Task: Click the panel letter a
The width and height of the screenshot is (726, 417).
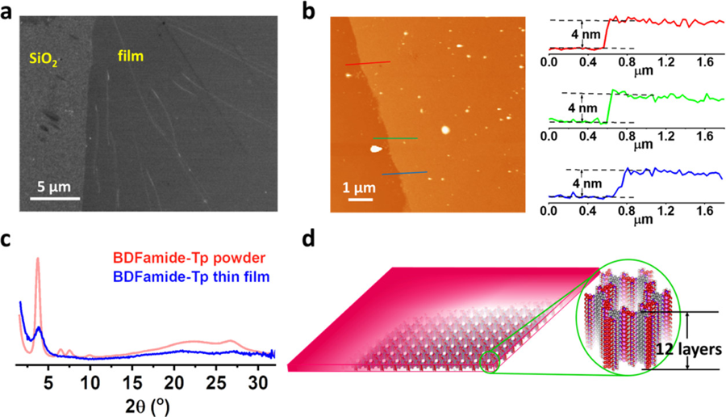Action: (x=10, y=11)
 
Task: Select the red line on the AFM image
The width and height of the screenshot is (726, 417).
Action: (x=367, y=63)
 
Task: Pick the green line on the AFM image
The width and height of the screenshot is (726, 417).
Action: (x=395, y=139)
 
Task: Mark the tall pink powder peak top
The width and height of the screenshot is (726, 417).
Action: (x=37, y=259)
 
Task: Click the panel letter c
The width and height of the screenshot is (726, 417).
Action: (x=8, y=240)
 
